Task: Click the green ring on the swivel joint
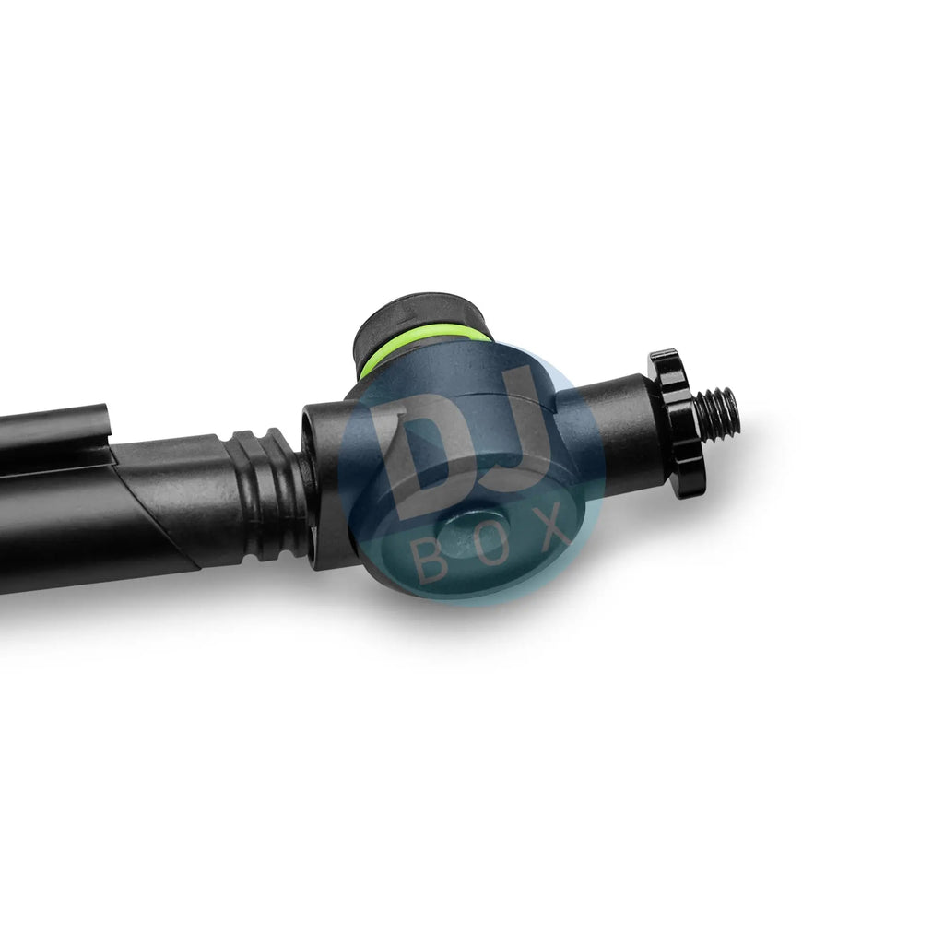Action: click(422, 347)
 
